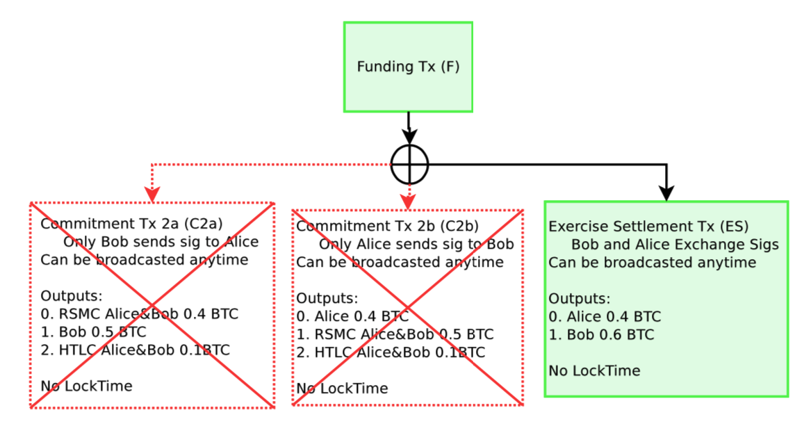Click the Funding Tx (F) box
coord(408,67)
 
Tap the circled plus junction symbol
coord(409,165)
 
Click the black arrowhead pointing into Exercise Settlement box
coord(666,193)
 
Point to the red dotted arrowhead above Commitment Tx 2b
coord(408,200)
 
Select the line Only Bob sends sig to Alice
coord(161,242)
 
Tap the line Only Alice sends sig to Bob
coord(416,244)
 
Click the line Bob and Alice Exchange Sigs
coord(674,245)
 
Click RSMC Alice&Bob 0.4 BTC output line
coord(139,314)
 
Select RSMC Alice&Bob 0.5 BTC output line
coord(395,334)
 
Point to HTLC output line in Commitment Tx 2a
coord(135,350)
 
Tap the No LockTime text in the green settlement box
coord(594,371)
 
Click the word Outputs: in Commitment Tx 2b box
coord(327,298)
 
